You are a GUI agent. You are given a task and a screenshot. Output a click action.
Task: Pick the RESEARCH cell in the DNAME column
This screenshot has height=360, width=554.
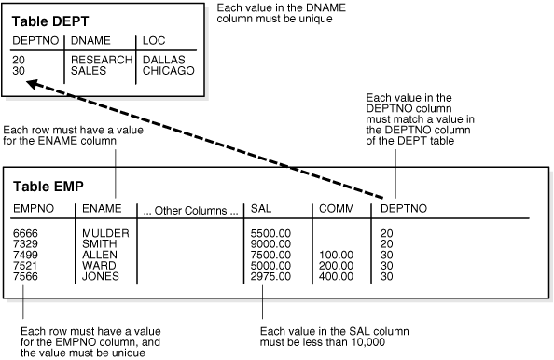pyautogui.click(x=99, y=59)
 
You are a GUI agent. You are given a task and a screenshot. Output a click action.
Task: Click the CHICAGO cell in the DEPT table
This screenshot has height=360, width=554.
pyautogui.click(x=169, y=69)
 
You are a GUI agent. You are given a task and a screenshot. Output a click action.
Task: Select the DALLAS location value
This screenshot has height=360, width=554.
pyautogui.click(x=163, y=59)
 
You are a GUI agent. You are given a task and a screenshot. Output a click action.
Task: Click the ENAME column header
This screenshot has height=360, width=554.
pyautogui.click(x=100, y=208)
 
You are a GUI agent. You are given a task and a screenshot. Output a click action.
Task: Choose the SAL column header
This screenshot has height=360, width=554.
pyautogui.click(x=260, y=208)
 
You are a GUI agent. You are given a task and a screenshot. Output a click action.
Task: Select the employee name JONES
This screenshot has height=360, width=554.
pyautogui.click(x=101, y=276)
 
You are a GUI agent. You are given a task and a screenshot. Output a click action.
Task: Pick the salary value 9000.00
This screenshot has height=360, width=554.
pyautogui.click(x=271, y=242)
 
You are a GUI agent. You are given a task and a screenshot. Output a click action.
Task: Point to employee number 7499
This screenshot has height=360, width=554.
pyautogui.click(x=26, y=254)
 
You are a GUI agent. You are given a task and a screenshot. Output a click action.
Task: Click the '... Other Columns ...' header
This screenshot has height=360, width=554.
pyautogui.click(x=189, y=208)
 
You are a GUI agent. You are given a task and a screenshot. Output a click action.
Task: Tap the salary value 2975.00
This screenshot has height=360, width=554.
pyautogui.click(x=271, y=276)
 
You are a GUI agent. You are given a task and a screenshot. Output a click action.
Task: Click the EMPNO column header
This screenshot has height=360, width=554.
pyautogui.click(x=31, y=208)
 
